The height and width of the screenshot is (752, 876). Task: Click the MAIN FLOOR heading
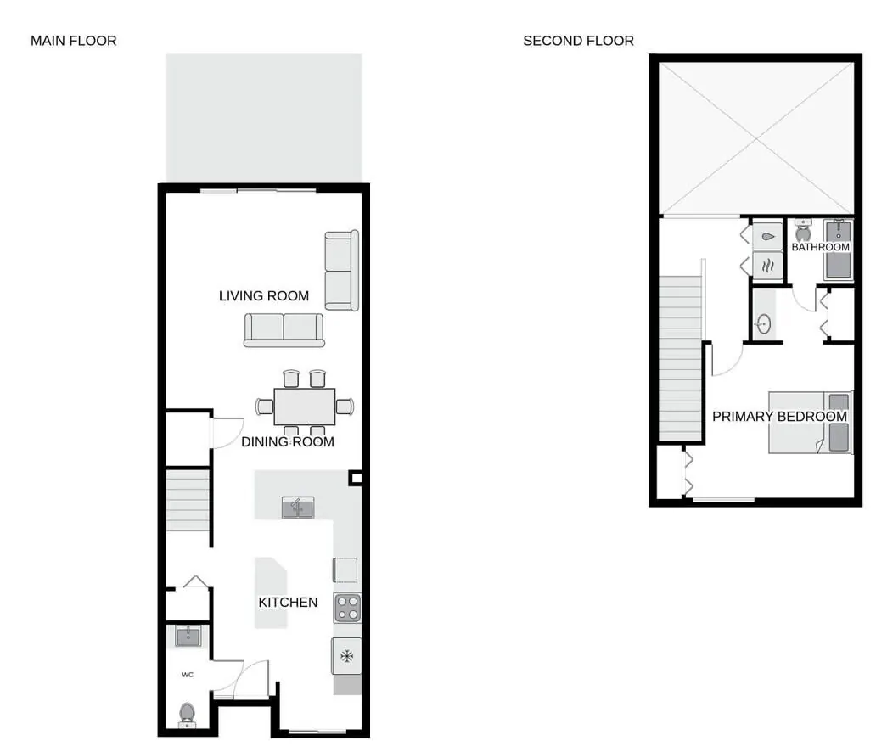point(74,41)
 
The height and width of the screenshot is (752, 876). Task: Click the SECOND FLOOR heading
point(578,41)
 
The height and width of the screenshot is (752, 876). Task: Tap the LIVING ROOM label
point(264,296)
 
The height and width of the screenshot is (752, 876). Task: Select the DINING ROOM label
point(288,442)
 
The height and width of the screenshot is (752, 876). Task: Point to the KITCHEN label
point(288,603)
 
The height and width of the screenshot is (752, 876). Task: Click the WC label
point(188,675)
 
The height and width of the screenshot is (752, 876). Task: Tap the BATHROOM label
point(820,247)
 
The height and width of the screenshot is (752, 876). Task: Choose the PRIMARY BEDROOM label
point(779,417)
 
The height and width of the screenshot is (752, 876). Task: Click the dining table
point(305,407)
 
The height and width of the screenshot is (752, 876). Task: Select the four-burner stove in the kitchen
point(347,608)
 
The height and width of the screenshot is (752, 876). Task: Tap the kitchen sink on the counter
point(298,508)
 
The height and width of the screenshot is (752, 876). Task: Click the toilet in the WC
point(187,716)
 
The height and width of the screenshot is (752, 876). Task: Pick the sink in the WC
point(188,637)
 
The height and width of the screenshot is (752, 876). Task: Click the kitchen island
point(271,592)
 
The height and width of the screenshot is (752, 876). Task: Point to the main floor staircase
point(188,500)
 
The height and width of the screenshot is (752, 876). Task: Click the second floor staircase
point(680,358)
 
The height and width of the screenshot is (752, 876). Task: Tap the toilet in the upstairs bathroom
point(803,230)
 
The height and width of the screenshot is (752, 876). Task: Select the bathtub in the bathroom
point(838,250)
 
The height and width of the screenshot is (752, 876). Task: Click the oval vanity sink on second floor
point(763,323)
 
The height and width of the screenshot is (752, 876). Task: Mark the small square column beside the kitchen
point(356,478)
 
